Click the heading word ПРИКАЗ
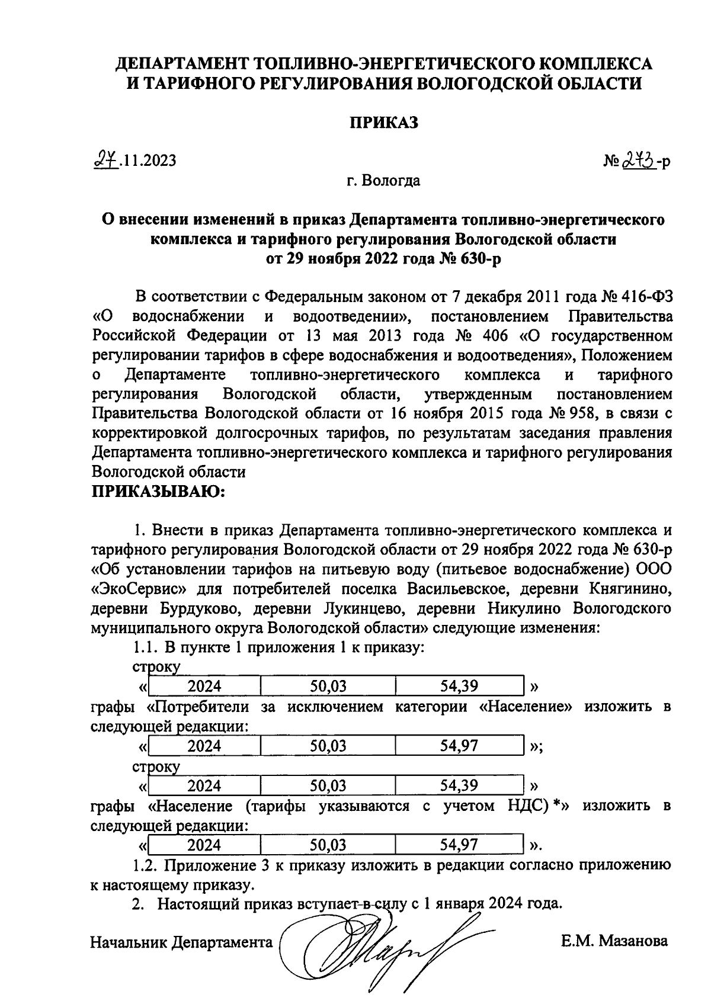point(383,122)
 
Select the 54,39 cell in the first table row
point(459,687)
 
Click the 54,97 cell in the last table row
point(459,845)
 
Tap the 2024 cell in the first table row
point(204,687)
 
